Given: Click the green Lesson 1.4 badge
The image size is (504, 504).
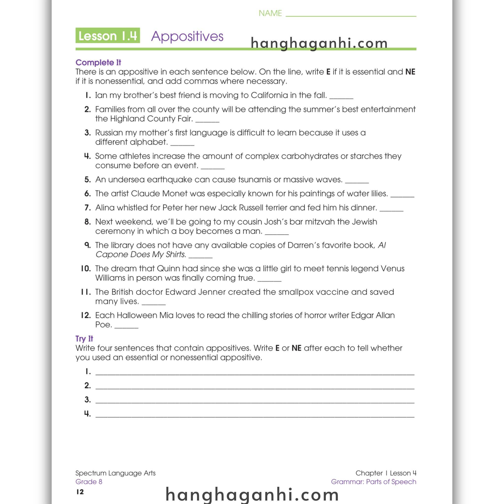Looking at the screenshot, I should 108,35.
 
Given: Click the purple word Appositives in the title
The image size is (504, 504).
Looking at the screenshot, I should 187,36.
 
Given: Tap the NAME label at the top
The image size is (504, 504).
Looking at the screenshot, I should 270,13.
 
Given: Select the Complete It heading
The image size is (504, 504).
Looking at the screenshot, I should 98,62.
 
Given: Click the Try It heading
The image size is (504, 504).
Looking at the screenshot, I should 84,339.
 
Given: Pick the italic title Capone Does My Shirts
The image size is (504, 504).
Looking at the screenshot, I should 141,254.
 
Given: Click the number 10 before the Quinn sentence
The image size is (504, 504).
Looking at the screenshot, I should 86,268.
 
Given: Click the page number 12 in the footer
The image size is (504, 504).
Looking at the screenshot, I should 80,492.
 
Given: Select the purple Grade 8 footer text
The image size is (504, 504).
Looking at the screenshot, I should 89,482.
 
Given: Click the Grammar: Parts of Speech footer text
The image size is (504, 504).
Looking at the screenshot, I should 373,482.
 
